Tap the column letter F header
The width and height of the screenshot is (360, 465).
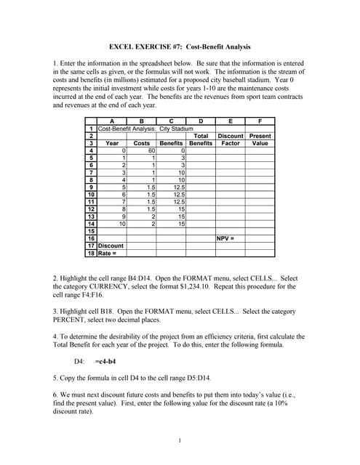click(260, 121)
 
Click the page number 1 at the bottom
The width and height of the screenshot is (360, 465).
click(179, 440)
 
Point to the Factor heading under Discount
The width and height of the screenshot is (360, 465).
click(231, 143)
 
